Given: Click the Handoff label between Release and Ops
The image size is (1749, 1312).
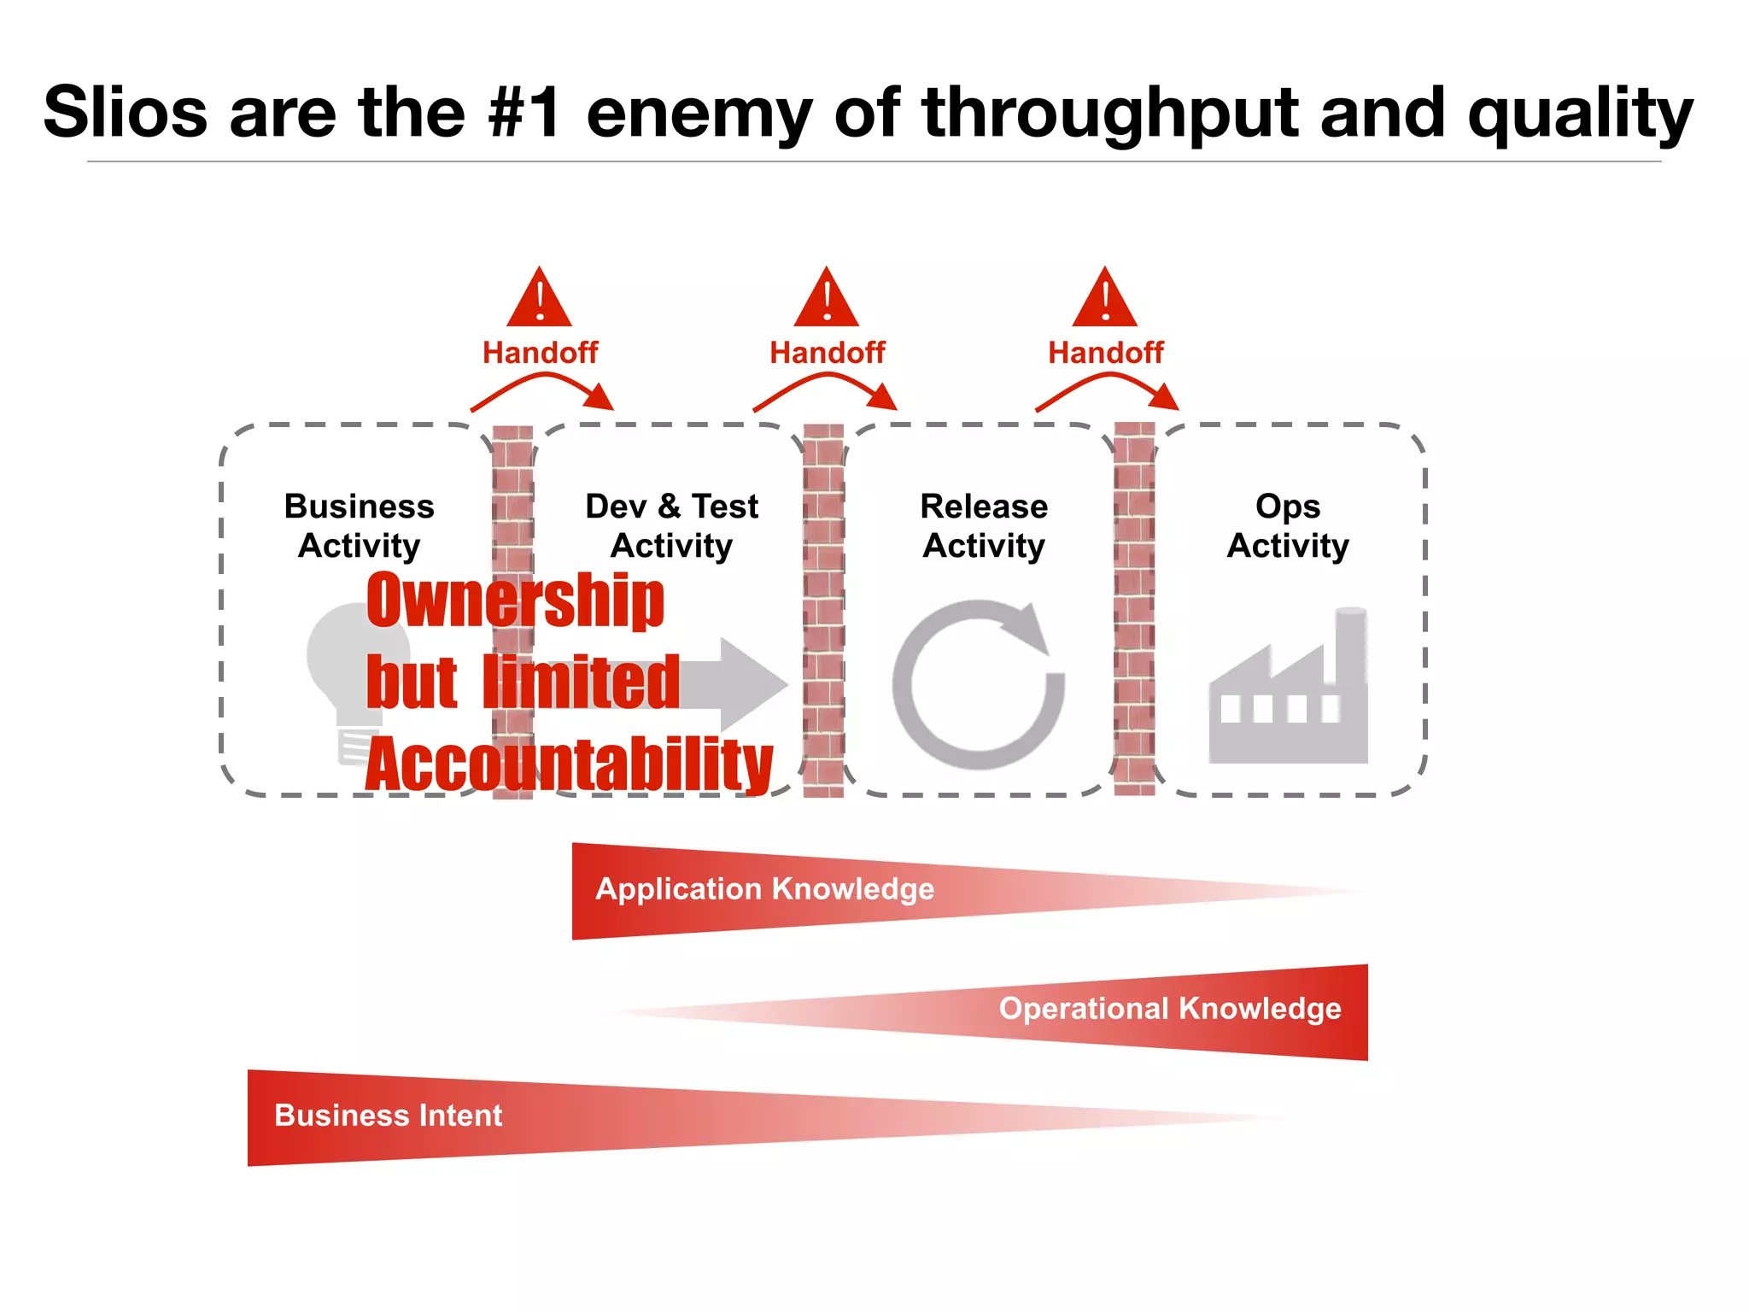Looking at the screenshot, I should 1105,352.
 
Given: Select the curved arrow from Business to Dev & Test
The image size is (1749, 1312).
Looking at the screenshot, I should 542,389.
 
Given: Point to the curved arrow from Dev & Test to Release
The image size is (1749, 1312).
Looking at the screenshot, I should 825,389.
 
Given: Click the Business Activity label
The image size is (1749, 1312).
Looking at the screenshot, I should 359,525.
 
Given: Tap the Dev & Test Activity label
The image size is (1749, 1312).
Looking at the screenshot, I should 671,525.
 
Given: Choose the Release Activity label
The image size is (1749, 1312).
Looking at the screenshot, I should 984,525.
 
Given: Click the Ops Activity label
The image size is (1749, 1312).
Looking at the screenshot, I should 1288,525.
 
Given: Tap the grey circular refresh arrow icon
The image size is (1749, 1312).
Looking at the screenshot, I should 979,684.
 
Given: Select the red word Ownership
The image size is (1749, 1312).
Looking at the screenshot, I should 515,600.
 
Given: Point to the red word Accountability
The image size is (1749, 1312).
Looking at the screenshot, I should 569,764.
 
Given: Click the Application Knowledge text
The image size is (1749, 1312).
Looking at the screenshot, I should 764,889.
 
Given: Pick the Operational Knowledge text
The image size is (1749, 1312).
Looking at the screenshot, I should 1170,1009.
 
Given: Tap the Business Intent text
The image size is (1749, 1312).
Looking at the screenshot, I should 388,1116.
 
